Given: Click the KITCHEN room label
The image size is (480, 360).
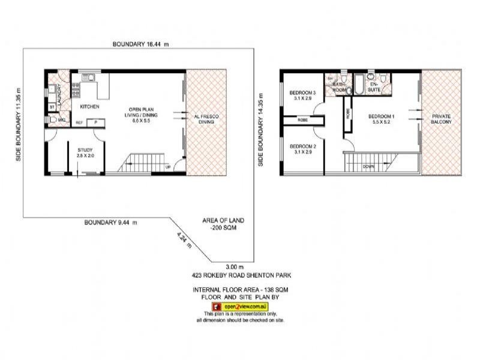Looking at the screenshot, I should point(89,107).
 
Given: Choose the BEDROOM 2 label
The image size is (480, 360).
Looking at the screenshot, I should point(302,149).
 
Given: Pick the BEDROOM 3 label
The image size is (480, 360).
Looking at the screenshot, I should point(302,95).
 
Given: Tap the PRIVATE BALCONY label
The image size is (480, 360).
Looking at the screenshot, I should point(441,118).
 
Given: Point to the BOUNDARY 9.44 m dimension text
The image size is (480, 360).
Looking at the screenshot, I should point(110,222).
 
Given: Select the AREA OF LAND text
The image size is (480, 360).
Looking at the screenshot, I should point(223,225).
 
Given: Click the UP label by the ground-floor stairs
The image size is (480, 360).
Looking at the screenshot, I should point(169,166).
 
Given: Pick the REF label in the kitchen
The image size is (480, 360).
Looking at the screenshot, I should point(79,123).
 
